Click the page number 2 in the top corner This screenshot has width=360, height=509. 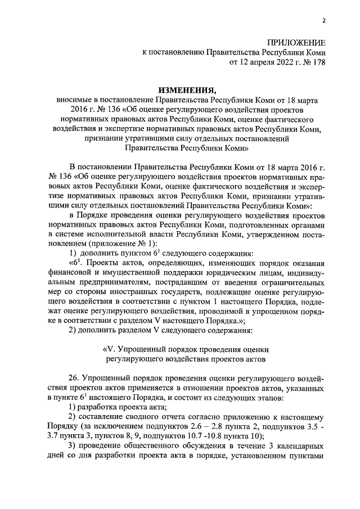[x=325, y=21]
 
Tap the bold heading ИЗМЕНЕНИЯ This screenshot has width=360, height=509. [x=187, y=89]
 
